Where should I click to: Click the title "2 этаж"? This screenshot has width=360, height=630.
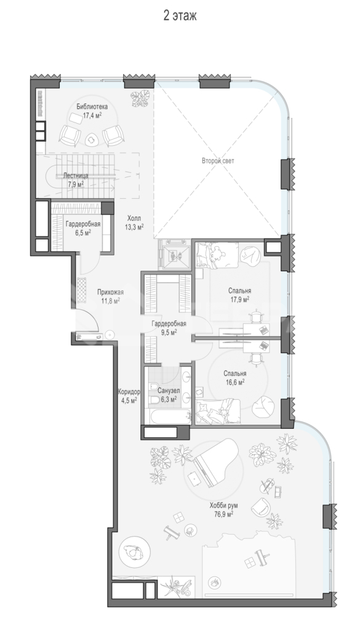(x=180, y=16)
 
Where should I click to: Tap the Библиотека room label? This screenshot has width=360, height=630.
(x=92, y=107)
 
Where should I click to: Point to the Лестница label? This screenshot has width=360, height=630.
(x=76, y=176)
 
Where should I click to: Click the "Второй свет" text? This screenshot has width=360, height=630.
(x=218, y=161)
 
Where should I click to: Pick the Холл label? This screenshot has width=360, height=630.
(x=134, y=218)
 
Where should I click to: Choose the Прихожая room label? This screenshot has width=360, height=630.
(x=110, y=292)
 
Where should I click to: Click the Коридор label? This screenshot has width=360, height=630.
(x=129, y=391)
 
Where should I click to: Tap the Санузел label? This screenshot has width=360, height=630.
(x=169, y=391)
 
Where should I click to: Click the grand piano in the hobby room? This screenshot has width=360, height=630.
(x=213, y=466)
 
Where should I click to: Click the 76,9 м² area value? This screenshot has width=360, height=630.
(x=224, y=514)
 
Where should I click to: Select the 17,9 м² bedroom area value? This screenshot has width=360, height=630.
(x=240, y=299)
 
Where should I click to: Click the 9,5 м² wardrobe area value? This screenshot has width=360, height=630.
(x=169, y=332)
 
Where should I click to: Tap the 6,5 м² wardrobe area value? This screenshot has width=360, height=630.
(x=82, y=233)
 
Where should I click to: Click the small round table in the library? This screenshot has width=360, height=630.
(x=92, y=140)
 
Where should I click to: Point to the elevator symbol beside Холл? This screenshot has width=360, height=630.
(x=174, y=254)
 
